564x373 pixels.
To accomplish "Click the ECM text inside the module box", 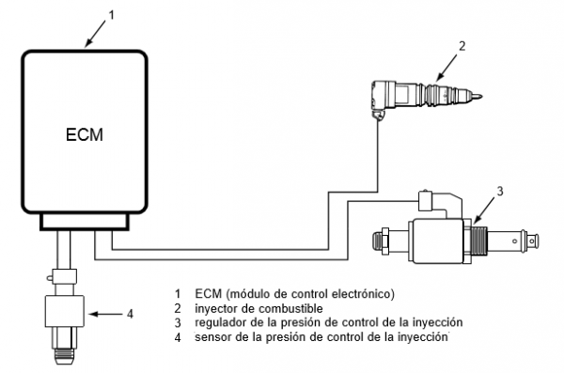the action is (x=85, y=134).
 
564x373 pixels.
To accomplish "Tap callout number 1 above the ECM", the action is (x=112, y=15).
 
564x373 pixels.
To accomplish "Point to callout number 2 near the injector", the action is (x=462, y=46).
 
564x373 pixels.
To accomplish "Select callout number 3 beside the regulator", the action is (x=500, y=192).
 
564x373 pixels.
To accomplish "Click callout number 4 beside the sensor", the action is (x=131, y=314).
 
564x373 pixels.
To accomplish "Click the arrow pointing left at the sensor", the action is (x=105, y=314).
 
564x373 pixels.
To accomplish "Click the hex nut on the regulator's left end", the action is (x=384, y=241).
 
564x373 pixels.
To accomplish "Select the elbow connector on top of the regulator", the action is (x=441, y=204).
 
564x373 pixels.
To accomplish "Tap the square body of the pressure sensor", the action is (x=64, y=311).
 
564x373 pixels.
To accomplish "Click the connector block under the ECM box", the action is (x=85, y=222).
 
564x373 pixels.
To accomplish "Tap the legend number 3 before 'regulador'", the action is (x=178, y=323).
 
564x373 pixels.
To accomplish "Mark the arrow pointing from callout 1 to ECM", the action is (x=95, y=34).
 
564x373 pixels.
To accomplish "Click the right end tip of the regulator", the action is (x=538, y=241).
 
